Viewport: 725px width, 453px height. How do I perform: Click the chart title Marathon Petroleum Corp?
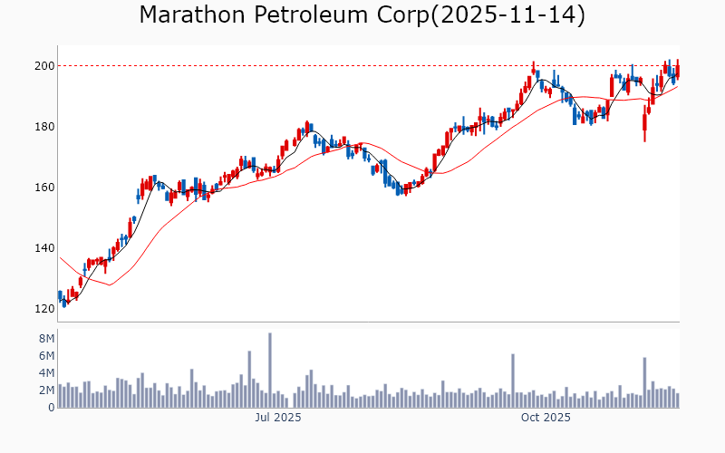point(289,15)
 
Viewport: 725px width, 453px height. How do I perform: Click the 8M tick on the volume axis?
point(44,338)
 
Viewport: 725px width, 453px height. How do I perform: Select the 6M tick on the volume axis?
point(44,355)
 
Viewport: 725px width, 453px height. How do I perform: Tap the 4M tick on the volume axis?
point(44,372)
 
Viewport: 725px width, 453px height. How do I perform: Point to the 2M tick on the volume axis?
point(44,390)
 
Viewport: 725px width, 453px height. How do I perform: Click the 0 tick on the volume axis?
point(51,408)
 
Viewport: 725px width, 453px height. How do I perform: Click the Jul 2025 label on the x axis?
point(278,418)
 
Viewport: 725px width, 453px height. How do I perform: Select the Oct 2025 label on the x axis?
point(546,418)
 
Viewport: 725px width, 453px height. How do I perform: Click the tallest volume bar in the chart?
point(269,371)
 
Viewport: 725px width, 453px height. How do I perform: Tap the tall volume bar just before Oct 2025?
point(512,381)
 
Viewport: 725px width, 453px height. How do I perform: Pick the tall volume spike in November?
point(644,382)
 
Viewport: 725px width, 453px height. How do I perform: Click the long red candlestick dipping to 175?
point(644,125)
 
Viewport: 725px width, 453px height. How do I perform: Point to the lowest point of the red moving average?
point(110,284)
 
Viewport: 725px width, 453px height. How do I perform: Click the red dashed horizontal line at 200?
point(362,65)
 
